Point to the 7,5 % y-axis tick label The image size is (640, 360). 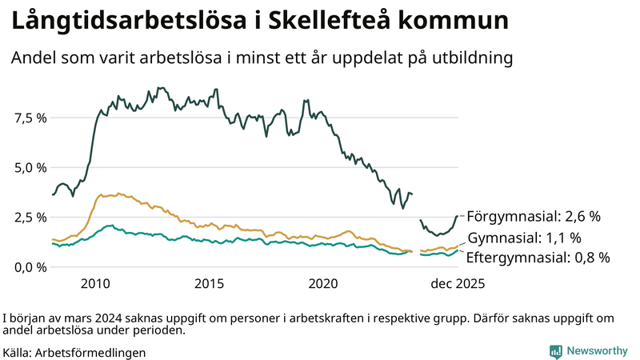(x=31, y=118)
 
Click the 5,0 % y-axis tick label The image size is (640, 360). (x=31, y=167)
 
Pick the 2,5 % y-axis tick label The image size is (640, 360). (x=31, y=217)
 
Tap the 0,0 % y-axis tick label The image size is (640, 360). (x=31, y=266)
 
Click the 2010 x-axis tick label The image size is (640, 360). (x=95, y=283)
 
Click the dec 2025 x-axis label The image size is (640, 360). (x=458, y=283)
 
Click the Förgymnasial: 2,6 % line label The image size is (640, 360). (x=533, y=216)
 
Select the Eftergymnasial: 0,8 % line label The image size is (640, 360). (x=538, y=258)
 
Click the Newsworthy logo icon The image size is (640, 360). (x=555, y=351)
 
